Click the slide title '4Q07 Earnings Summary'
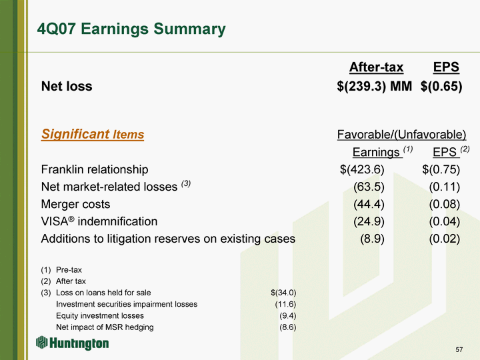point(131,29)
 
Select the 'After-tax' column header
point(376,67)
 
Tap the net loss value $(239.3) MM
point(374,86)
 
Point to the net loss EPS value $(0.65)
point(441,86)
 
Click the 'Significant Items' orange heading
point(93,134)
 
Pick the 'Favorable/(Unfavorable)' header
point(401,135)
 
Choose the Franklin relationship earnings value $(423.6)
point(362,169)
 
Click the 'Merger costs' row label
point(75,204)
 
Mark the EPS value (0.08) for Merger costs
point(445,204)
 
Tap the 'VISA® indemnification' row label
point(99,221)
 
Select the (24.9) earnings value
point(369,221)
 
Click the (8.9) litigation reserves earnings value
point(372,239)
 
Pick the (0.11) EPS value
point(445,187)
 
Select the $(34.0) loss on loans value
point(283,293)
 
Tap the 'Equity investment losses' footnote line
point(100,315)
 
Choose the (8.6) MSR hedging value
point(288,327)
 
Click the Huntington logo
point(72,343)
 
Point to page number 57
point(459,349)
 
